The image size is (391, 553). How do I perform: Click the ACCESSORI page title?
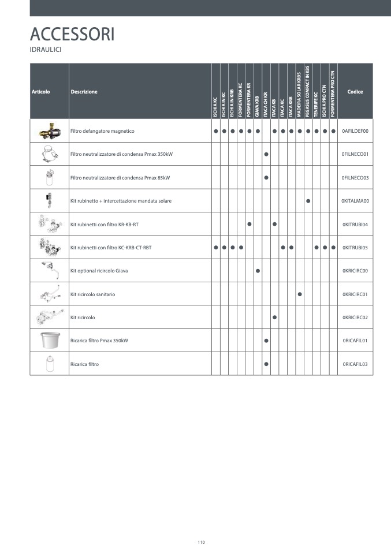[72, 34]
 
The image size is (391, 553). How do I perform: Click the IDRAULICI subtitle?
[46, 50]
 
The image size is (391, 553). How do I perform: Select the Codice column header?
[355, 92]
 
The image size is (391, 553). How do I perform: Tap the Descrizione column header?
[84, 92]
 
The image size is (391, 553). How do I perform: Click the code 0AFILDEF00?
[355, 131]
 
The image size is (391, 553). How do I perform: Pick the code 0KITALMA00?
[355, 201]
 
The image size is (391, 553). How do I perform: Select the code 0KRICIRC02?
[355, 317]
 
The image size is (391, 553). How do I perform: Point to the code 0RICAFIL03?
[355, 364]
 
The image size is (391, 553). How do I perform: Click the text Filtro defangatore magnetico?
[102, 131]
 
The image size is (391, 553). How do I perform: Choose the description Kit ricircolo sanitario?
[92, 294]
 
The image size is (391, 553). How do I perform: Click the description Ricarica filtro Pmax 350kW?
[99, 341]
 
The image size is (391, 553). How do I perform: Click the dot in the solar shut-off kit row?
[308, 201]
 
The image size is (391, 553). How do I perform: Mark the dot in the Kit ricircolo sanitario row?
[300, 294]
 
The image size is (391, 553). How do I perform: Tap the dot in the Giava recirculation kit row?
[258, 271]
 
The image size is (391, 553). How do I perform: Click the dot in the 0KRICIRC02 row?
[274, 317]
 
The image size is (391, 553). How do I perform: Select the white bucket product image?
[49, 341]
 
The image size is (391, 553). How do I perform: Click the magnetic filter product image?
[49, 131]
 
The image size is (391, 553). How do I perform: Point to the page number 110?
[201, 542]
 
